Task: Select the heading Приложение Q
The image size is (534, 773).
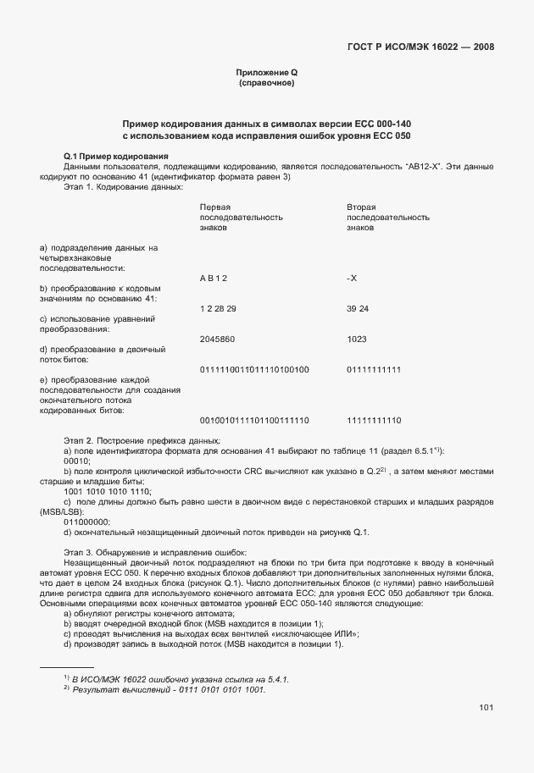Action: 266,75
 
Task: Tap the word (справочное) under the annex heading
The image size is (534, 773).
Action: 266,85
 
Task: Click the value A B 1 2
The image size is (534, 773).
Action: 213,278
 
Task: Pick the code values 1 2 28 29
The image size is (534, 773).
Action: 218,308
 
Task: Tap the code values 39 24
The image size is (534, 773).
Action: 358,308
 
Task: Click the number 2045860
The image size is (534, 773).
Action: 217,339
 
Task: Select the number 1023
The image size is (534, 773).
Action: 356,339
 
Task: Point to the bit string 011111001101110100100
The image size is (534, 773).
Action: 253,369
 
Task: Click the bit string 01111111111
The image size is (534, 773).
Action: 374,369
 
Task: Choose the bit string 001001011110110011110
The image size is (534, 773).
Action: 253,420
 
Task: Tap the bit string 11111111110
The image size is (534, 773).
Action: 374,420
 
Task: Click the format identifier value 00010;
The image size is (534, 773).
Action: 77,461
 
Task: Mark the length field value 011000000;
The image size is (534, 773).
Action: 87,522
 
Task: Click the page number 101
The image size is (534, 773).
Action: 486,708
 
